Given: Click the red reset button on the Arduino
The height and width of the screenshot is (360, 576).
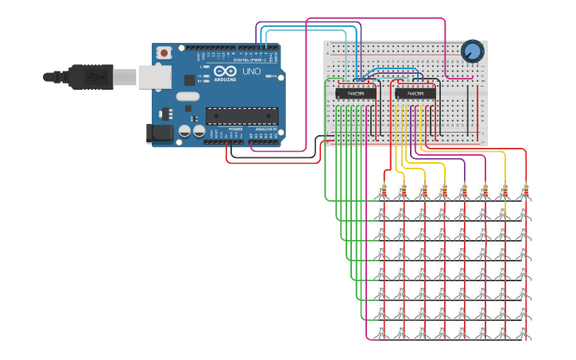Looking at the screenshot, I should tap(164, 53).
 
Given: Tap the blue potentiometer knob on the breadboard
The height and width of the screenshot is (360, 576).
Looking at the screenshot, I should tap(472, 52).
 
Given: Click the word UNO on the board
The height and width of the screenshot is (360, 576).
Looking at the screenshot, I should tap(251, 72).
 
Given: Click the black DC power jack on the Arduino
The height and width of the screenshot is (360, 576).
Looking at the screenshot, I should tap(160, 133).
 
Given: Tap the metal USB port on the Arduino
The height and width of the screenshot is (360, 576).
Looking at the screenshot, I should tap(155, 76).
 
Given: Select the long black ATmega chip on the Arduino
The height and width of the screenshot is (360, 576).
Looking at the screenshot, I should tap(242, 116).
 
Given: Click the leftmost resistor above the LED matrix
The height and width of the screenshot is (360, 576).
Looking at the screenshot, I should tap(383, 191).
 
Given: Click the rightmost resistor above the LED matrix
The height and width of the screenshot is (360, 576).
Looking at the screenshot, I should tap(524, 191).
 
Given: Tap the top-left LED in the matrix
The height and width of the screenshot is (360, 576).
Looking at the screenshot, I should tap(383, 211).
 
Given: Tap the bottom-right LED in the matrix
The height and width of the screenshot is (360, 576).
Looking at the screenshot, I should tap(524, 330).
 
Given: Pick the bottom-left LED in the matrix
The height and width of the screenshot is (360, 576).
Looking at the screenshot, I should tap(383, 330).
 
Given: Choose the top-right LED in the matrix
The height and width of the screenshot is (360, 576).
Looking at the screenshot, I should tap(524, 211).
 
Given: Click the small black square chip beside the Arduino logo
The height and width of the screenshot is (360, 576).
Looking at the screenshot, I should tap(190, 79).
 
